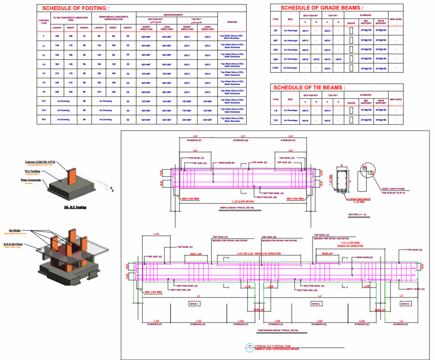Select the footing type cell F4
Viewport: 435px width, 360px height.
44,73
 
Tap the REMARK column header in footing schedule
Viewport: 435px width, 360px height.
232,22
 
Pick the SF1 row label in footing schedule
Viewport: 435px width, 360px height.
44,119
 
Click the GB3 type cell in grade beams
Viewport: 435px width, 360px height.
275,59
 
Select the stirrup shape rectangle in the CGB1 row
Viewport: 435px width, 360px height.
351,68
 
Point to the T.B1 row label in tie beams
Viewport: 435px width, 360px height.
275,120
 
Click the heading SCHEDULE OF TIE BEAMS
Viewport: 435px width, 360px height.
309,88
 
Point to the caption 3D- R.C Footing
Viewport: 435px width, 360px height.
75,207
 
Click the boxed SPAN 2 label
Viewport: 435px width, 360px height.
316,304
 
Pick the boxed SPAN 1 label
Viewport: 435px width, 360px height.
194,304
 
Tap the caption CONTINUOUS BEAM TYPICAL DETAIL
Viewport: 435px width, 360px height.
278,330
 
